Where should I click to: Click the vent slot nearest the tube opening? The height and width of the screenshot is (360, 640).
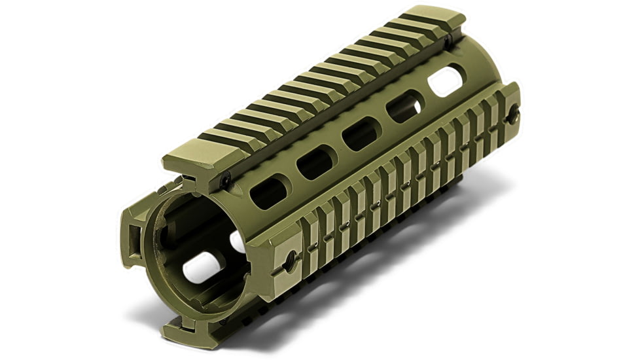tap(266, 190)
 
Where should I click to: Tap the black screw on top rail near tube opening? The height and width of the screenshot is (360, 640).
tap(224, 179)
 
